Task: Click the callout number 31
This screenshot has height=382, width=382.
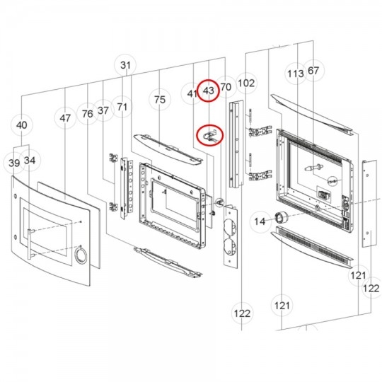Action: click(x=126, y=65)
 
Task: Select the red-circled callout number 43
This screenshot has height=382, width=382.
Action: click(x=209, y=91)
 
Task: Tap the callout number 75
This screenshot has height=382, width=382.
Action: click(x=160, y=100)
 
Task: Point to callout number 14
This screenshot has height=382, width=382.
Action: click(x=260, y=221)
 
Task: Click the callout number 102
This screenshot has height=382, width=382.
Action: click(x=246, y=83)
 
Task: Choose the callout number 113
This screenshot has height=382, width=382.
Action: click(x=296, y=74)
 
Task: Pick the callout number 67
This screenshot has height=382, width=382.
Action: click(x=313, y=71)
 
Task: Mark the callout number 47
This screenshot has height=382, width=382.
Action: click(x=65, y=118)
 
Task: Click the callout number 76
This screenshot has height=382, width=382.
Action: click(x=88, y=114)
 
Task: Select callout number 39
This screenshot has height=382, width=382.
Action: click(x=14, y=163)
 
